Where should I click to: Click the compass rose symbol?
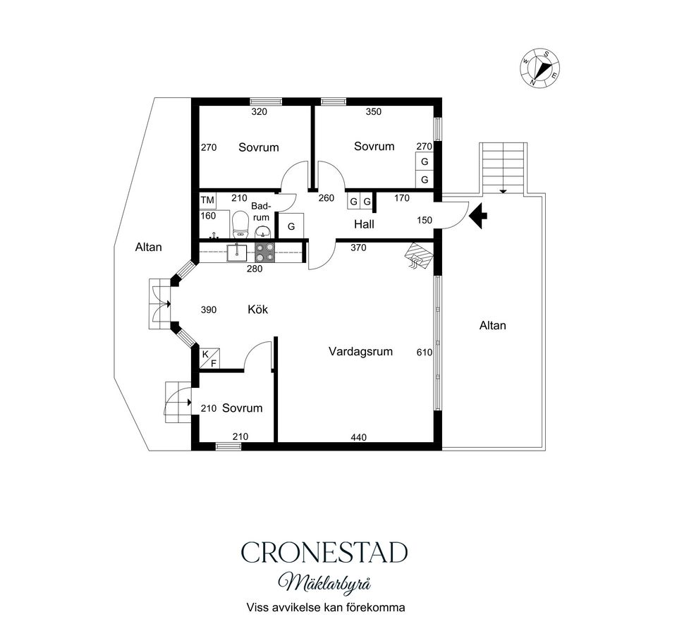coord(539,68)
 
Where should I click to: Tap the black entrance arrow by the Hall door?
coord(478,216)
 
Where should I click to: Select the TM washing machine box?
coord(207,200)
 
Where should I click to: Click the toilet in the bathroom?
coord(240,224)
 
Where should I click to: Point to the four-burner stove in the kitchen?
coord(264,252)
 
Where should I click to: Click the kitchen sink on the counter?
coord(237,252)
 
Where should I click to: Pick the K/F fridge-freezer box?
coord(209,358)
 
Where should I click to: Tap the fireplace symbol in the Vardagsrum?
coord(419,256)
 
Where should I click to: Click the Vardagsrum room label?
coord(360,351)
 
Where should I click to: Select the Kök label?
coord(258,309)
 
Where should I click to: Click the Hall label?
coord(364,224)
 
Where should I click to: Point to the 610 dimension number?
coord(425,353)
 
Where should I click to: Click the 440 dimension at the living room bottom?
coord(359,437)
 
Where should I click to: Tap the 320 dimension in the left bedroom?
coord(259,112)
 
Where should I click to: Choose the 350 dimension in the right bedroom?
coord(374,112)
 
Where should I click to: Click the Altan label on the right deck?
coord(493,326)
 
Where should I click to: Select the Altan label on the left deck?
coord(149,247)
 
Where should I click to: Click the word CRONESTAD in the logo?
coord(324,552)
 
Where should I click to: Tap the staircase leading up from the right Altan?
coord(504,169)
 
